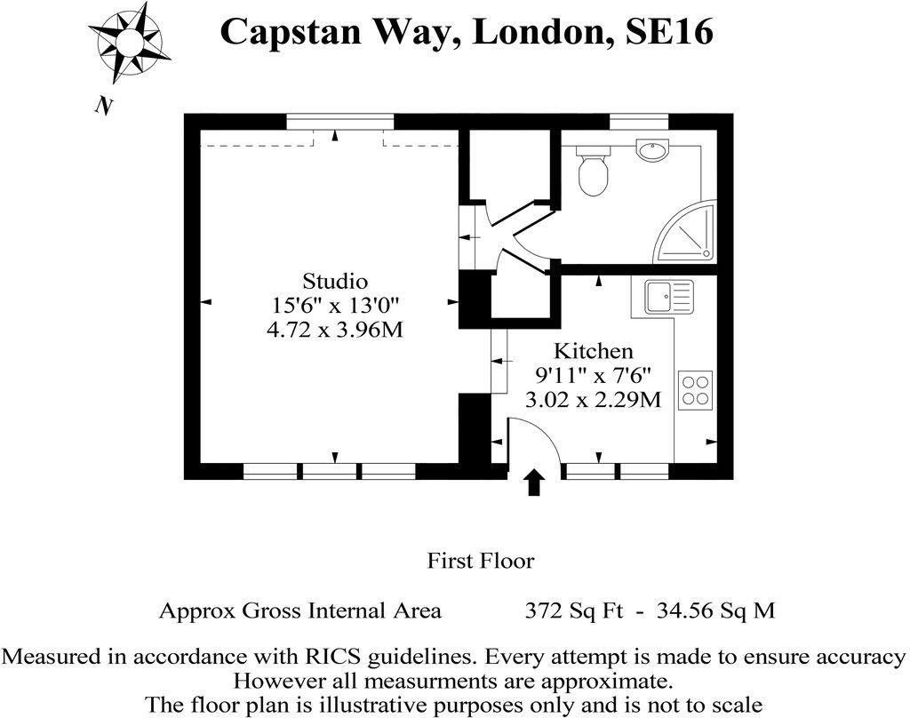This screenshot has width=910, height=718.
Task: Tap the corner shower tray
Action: click(689, 235)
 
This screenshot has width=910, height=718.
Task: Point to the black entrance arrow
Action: click(533, 483)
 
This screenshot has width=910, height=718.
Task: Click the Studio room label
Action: click(335, 282)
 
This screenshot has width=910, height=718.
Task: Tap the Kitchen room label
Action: click(594, 350)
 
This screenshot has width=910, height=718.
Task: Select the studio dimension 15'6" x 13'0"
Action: click(335, 306)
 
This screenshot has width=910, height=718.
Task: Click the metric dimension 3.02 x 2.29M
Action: click(594, 399)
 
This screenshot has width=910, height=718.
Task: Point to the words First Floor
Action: click(481, 561)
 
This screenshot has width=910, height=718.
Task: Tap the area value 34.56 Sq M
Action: click(715, 610)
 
